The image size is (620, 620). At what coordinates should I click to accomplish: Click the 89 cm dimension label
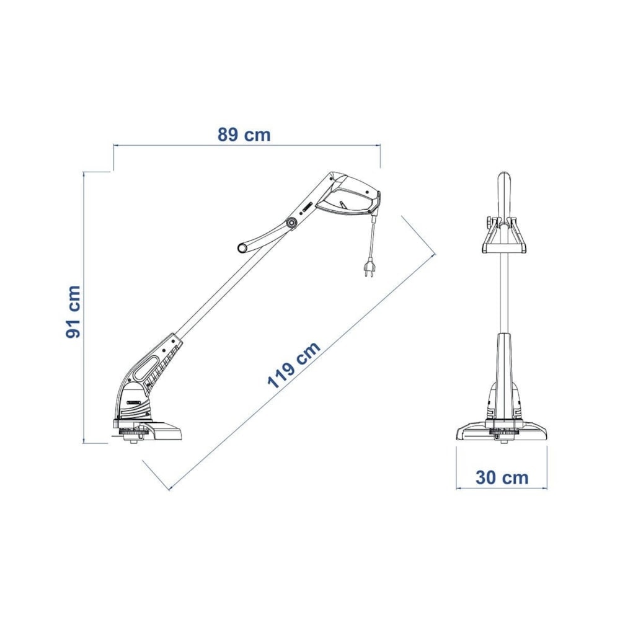pos(244,135)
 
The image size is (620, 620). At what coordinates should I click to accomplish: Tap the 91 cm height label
pos(73,312)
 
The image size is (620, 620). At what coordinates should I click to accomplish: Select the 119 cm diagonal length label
pos(293,365)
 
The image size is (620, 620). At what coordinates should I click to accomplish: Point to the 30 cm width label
pos(502,477)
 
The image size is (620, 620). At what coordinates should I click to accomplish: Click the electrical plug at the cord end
pos(369,267)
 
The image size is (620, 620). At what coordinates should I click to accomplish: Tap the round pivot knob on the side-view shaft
pos(292,223)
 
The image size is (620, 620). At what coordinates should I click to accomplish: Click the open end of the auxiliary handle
pos(242,248)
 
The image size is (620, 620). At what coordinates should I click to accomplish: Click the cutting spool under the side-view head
pos(131,435)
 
